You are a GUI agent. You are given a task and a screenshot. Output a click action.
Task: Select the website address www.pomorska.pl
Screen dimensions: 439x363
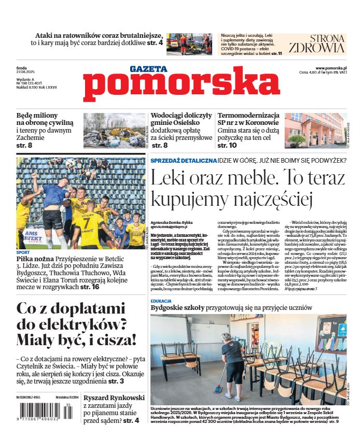point(331,68)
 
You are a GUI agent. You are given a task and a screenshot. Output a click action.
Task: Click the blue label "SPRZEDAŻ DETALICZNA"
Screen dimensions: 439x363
point(183,161)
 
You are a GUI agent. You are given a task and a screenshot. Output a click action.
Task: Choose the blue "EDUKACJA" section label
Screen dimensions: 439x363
point(161,301)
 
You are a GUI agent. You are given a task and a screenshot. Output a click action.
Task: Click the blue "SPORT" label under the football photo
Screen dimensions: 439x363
point(23,252)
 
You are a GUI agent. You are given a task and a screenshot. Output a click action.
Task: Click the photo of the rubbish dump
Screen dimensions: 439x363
point(115,131)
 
